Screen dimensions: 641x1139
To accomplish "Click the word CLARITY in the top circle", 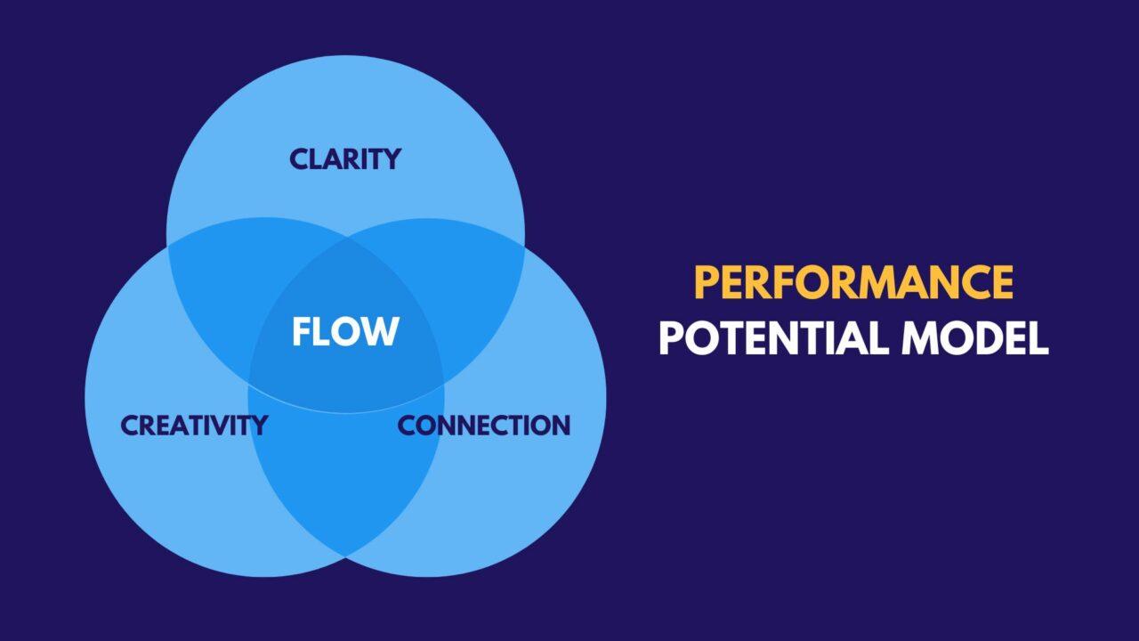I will pos(345,159).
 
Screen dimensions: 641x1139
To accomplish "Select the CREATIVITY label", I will pos(194,426).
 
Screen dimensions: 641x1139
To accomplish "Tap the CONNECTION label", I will pos(483,426).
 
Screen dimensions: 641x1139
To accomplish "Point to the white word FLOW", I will pos(345,332).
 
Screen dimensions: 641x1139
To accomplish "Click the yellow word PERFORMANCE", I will pos(853,283).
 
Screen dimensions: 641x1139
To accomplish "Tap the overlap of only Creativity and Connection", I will pos(345,481).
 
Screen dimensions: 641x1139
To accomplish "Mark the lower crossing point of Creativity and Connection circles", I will pos(345,556).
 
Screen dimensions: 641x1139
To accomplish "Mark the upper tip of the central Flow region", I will pos(345,239).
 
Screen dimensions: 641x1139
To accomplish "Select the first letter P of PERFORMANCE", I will pos(707,283).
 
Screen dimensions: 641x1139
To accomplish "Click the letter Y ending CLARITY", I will pos(391,159).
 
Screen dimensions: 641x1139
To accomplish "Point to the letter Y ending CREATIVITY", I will pos(257,426).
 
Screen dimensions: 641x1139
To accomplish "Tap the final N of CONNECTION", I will pos(558,426).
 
